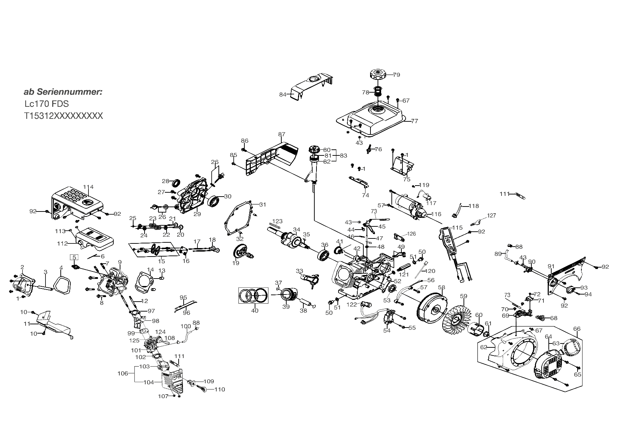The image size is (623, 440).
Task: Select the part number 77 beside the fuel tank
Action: coord(415,121)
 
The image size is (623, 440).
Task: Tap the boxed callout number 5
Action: coord(74,257)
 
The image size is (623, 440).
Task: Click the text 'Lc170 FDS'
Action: coord(47,104)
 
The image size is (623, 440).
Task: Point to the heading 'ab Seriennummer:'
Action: coord(63,92)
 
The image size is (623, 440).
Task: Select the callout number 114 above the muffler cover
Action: coord(88,187)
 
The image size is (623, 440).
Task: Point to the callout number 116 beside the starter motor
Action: coord(436,214)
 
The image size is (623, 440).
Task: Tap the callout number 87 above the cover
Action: coord(282,134)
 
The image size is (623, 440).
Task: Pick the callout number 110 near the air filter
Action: coord(220,389)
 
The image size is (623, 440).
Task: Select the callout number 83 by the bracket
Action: coord(343,155)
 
